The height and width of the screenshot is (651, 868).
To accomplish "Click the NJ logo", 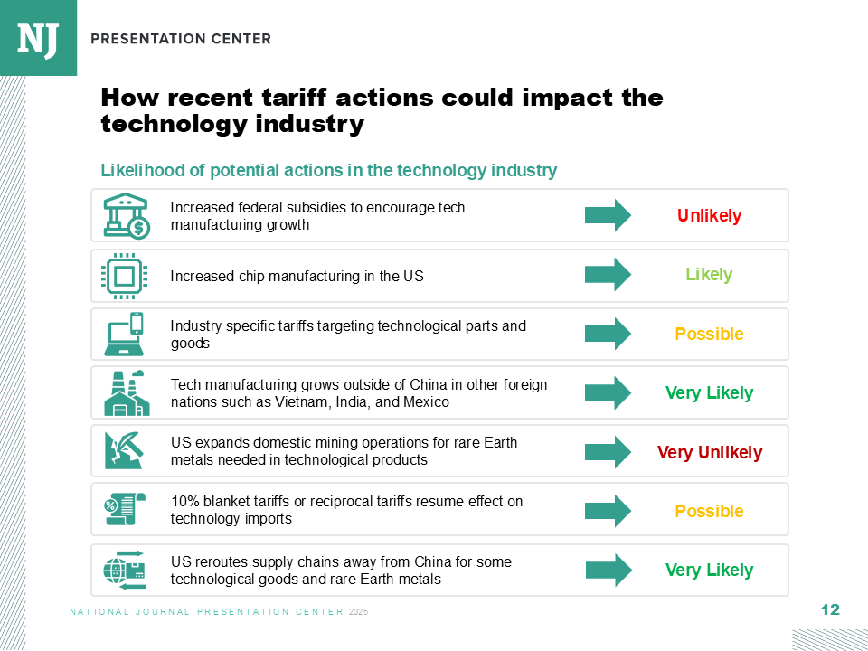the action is tap(38, 38).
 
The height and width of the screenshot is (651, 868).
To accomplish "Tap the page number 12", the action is tap(830, 610).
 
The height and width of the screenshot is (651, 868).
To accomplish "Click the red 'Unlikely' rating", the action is tap(709, 215).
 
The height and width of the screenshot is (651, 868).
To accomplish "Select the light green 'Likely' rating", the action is tap(709, 275).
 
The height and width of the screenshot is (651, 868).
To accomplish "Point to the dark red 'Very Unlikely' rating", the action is tap(710, 452).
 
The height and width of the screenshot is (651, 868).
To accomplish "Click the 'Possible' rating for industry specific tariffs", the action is tap(709, 334).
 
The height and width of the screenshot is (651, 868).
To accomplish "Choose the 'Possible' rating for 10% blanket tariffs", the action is tap(709, 511).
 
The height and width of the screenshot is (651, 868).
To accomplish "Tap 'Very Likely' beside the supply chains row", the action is tap(709, 571).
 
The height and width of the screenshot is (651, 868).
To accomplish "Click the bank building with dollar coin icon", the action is tap(127, 216).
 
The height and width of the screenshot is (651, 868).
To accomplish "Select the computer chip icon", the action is tap(124, 276).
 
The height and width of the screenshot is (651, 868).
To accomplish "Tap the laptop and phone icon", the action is tap(124, 334).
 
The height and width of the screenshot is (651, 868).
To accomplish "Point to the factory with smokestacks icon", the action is tap(127, 393).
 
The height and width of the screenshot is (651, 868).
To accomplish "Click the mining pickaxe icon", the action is tap(124, 450).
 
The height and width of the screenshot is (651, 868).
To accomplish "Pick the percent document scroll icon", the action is tap(125, 509).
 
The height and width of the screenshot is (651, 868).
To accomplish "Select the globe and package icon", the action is tap(125, 570).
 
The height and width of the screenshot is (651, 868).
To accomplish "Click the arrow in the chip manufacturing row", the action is tap(608, 275).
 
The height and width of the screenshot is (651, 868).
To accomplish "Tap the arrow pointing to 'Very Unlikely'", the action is tap(608, 452).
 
